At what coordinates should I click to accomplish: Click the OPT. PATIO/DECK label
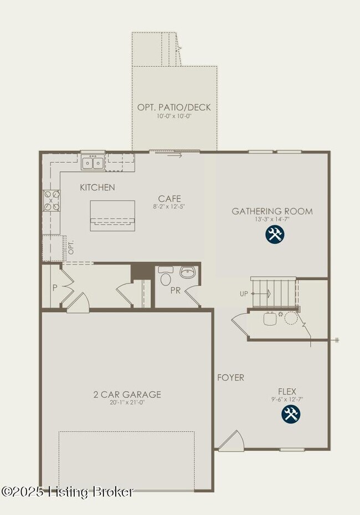174,107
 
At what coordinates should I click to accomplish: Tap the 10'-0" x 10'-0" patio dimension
174,117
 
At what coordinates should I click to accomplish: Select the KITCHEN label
97,187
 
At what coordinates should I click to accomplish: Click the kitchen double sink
92,162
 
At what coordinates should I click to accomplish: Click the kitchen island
112,215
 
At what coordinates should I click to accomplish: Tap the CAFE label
169,199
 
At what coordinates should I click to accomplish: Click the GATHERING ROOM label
272,211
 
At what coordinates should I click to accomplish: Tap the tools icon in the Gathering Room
274,235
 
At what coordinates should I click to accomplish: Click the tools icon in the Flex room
291,414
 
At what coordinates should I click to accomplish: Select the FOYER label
230,378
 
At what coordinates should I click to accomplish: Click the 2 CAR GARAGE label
127,394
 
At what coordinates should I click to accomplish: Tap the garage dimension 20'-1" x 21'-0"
127,403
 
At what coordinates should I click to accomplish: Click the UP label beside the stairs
244,294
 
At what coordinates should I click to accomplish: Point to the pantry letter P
54,288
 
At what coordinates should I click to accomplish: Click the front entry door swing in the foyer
232,440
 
